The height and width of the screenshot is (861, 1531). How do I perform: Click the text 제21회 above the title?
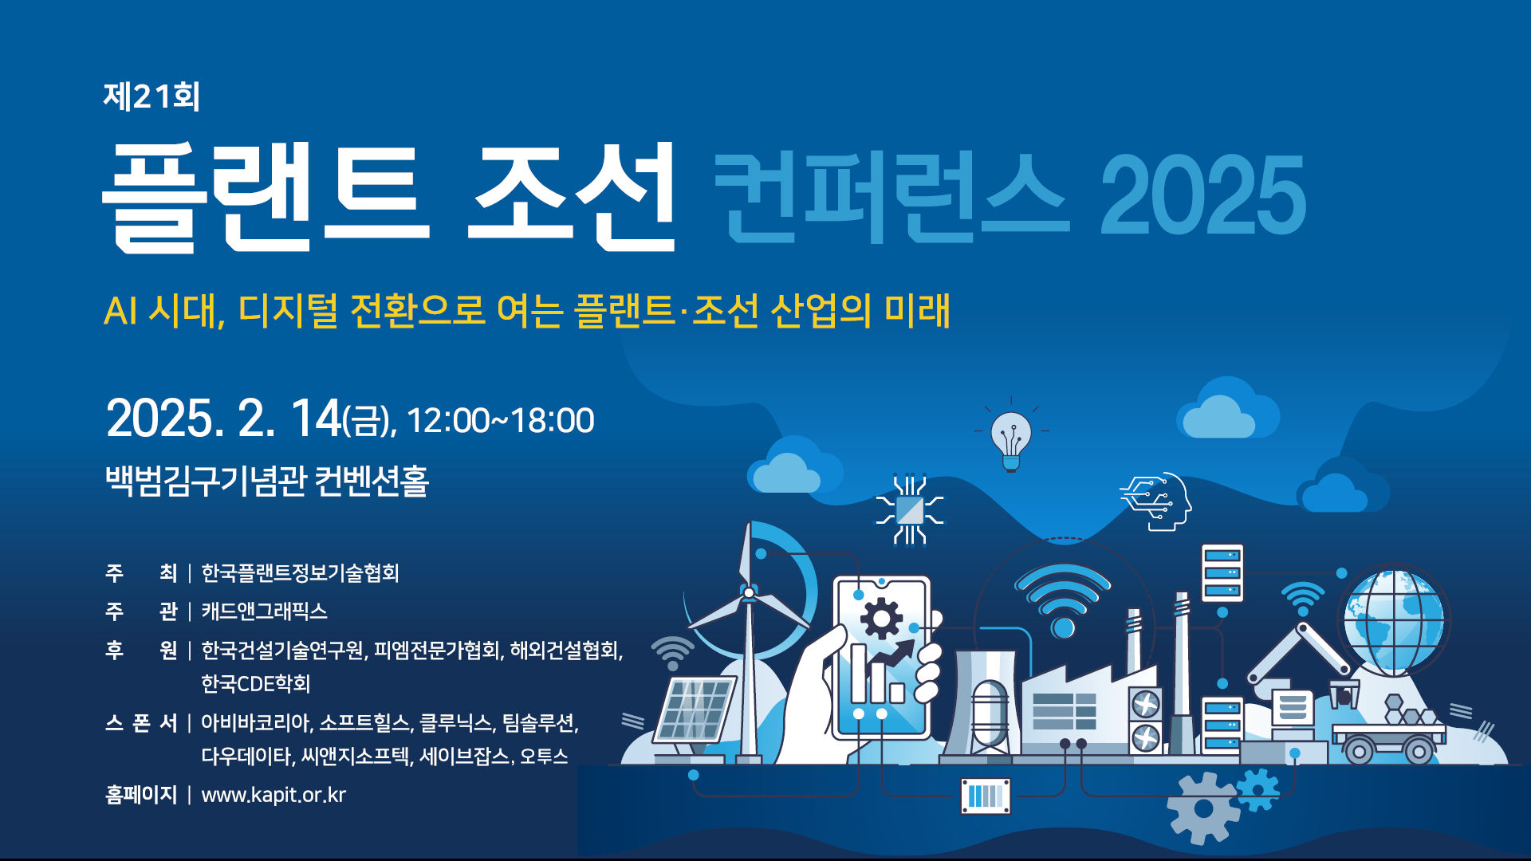coord(152,96)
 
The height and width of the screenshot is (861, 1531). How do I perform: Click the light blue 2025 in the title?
coord(1202,196)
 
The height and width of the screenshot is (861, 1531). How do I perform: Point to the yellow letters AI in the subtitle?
coord(120,311)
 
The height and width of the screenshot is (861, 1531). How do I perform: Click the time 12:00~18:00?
coord(500,420)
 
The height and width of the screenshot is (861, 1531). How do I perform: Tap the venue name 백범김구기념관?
coord(205,480)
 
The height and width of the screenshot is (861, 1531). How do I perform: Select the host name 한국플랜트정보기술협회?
coord(300,572)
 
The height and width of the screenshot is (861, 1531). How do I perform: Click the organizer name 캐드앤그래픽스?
coord(264,611)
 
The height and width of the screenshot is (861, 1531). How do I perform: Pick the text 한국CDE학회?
coord(255,683)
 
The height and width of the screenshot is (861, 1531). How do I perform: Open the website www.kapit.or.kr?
coord(274,795)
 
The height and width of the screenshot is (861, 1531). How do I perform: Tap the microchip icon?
coord(910,510)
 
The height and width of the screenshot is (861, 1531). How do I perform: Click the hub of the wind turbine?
coord(748,592)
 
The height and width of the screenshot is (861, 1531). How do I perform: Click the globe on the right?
coord(1394,620)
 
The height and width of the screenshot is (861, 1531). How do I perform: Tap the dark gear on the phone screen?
coord(881,619)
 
